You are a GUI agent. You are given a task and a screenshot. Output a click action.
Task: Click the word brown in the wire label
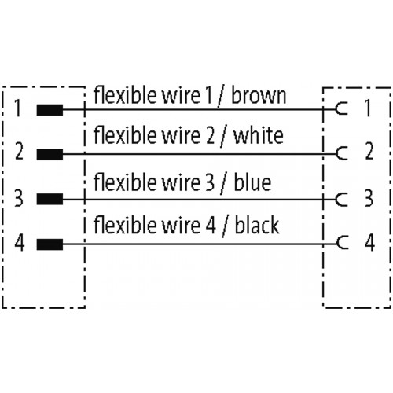[x=259, y=95]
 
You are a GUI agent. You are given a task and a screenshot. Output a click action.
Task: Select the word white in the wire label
[x=259, y=135]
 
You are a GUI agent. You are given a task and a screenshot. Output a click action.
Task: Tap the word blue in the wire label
[x=252, y=182]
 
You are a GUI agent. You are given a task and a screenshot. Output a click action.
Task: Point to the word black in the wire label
[x=257, y=225]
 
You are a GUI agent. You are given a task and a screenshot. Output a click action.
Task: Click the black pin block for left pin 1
[x=50, y=110]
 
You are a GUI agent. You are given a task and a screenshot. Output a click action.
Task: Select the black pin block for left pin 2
[x=50, y=154]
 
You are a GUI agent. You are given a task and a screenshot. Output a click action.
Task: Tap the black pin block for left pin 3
[x=50, y=199]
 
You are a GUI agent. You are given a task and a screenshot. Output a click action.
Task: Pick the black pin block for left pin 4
[x=50, y=244]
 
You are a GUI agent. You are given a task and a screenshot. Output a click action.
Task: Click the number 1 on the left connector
[x=17, y=108]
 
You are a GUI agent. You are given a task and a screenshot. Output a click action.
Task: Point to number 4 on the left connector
[x=20, y=243]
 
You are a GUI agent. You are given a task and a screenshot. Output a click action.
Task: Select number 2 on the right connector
[x=369, y=151]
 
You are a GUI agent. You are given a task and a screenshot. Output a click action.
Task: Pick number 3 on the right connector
[x=369, y=198]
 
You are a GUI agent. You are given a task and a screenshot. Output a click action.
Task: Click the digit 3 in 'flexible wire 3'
[x=210, y=182]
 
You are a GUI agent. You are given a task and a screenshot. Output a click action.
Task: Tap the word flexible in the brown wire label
[x=125, y=95]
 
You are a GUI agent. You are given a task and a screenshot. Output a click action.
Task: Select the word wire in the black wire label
[x=181, y=226]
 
